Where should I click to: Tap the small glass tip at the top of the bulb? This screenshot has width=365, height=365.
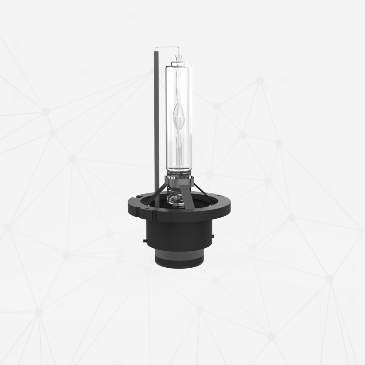point(178,57)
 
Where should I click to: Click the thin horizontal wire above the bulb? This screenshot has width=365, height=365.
point(166,47)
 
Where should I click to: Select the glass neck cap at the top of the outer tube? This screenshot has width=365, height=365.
point(178,64)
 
